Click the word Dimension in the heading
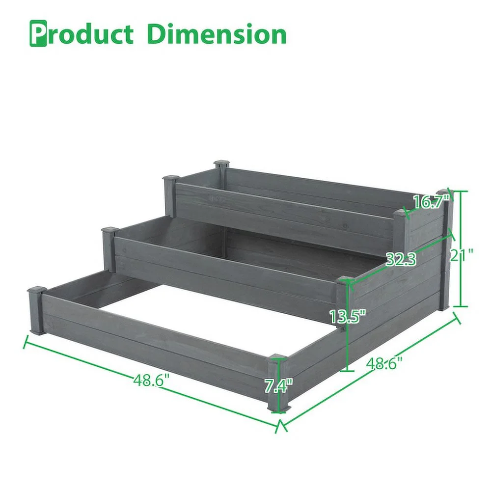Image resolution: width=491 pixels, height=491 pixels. pos(216,34)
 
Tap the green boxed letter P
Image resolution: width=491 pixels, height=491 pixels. pos(38,34)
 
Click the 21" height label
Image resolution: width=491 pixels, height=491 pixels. pos(462,255)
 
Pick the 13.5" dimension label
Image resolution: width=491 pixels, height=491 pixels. pos(347,316)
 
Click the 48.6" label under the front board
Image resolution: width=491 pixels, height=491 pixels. pos(151,380)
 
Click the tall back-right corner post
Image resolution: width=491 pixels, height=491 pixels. pos(444,250)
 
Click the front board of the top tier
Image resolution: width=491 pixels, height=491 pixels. pos(285,216)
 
